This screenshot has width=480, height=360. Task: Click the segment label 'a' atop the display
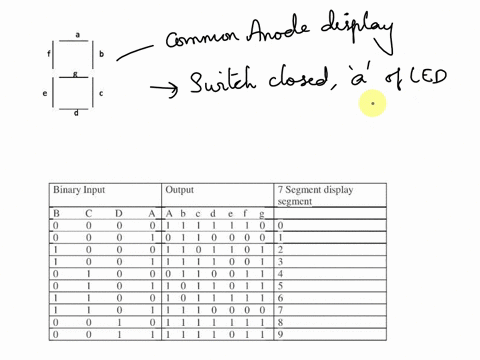78,35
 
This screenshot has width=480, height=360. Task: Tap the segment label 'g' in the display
75,73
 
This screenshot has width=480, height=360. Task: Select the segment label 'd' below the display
77,113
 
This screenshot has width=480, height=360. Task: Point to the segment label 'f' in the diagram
48,53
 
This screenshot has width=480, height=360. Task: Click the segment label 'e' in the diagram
46,94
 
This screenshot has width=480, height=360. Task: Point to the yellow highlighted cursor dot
372,102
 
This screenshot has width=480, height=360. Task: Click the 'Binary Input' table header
79,190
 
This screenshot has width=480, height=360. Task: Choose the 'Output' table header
180,190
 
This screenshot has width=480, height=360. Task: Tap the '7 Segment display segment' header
315,195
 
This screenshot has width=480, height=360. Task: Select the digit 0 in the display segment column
281,226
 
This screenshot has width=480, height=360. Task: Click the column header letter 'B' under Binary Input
56,213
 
